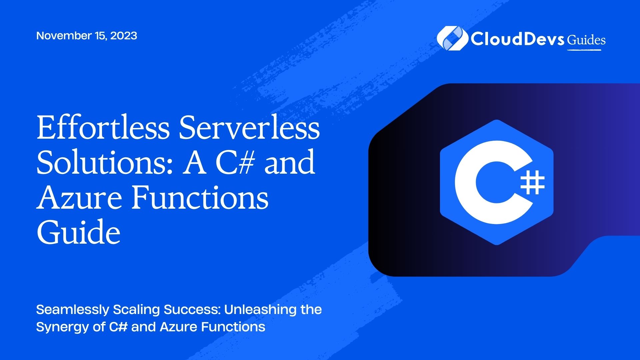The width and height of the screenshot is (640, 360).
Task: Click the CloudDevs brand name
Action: coord(517,39)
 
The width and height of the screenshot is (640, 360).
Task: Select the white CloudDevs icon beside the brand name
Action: coord(452,39)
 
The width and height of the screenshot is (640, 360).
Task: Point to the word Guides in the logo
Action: coord(586,40)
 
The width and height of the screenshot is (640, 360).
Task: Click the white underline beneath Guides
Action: coord(584,50)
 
